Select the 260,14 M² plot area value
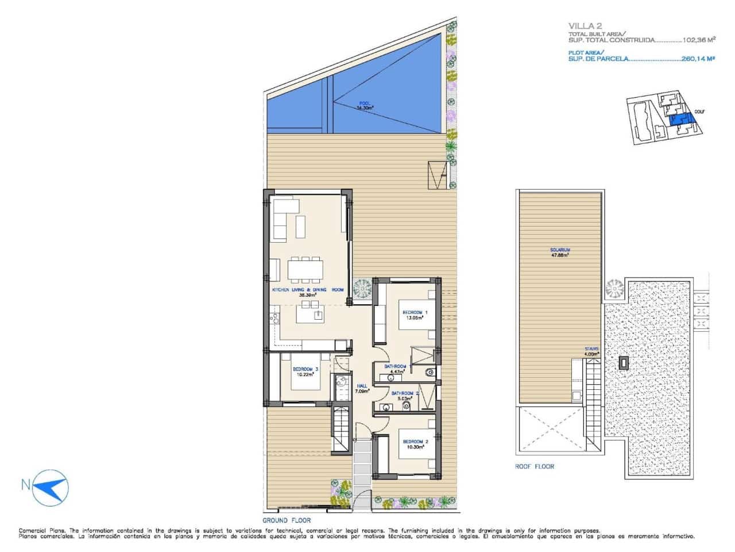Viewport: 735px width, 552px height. tap(697, 58)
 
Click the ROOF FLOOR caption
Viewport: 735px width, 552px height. tap(535, 466)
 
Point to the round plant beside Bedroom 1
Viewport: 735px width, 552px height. tap(363, 286)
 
